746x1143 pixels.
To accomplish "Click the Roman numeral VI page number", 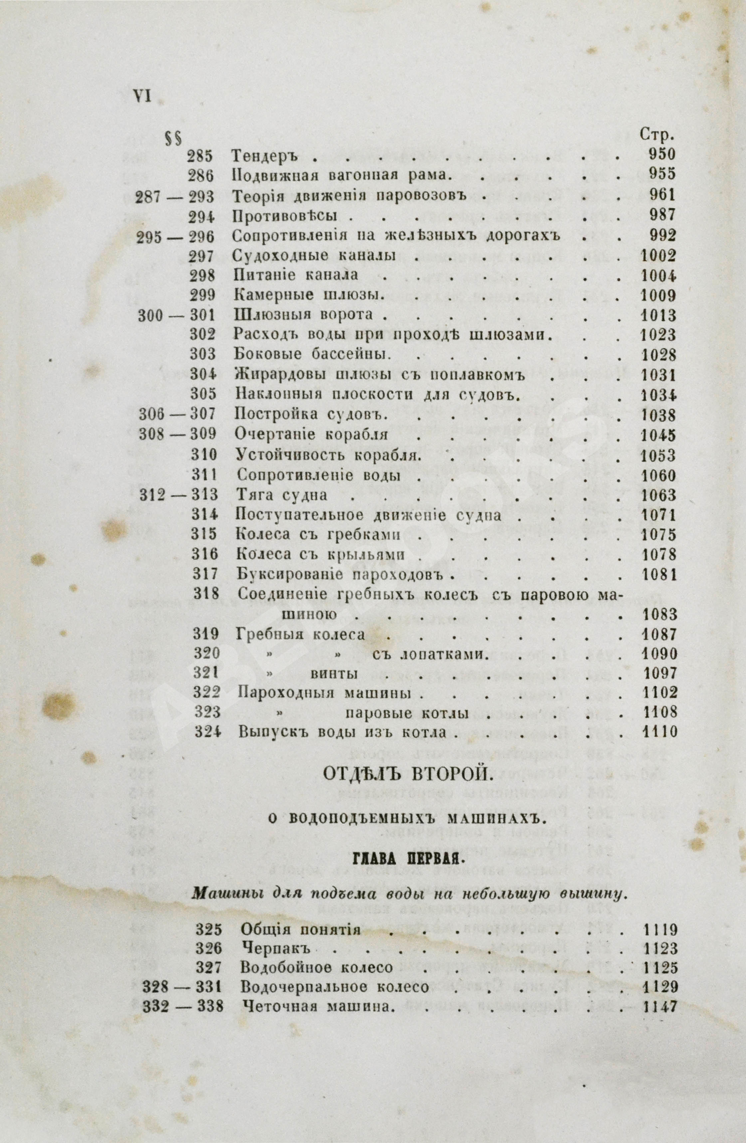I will (x=141, y=97).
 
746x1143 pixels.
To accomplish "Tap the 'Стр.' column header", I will (x=657, y=135).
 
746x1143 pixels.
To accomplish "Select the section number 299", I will (x=203, y=295).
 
